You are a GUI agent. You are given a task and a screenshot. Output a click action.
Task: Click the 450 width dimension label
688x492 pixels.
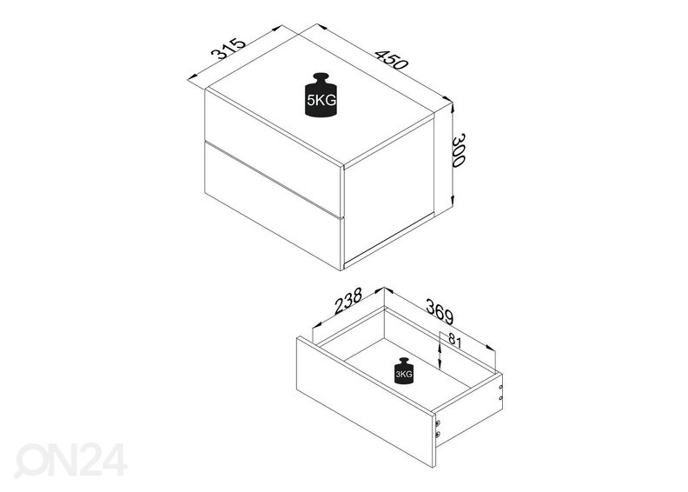391,59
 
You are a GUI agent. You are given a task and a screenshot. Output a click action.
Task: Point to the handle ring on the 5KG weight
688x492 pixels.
321,73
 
